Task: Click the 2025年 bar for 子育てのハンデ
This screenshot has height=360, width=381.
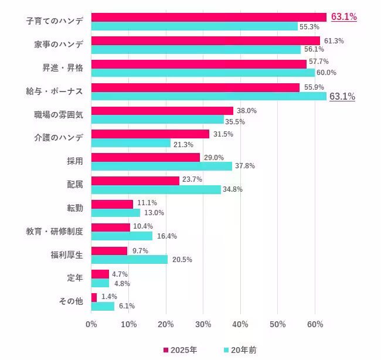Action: pyautogui.click(x=209, y=17)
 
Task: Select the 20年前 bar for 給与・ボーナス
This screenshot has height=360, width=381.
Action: pyautogui.click(x=209, y=96)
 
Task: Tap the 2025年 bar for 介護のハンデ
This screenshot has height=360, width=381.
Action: pyautogui.click(x=150, y=134)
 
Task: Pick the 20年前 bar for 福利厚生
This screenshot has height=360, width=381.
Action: pyautogui.click(x=130, y=259)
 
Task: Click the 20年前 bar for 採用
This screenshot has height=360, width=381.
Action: pyautogui.click(x=162, y=166)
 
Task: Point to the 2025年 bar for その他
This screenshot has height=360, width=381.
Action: pyautogui.click(x=94, y=297)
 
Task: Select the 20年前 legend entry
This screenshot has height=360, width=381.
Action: pyautogui.click(x=240, y=350)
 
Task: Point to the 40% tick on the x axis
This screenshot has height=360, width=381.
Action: pyautogui.click(x=240, y=324)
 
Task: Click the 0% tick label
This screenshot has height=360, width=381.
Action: pyautogui.click(x=91, y=324)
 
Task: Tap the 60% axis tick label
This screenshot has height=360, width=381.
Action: pyautogui.click(x=315, y=324)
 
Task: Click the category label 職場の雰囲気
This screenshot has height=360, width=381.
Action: pyautogui.click(x=59, y=115)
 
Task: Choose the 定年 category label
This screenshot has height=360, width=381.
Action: pyautogui.click(x=75, y=278)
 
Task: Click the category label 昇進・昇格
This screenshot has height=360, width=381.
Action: pyautogui.click(x=63, y=68)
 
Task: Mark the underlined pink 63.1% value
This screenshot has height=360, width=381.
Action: pyautogui.click(x=344, y=17)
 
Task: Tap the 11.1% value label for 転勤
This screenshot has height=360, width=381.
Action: pyautogui.click(x=147, y=203)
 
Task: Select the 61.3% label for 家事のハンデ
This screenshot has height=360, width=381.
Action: pyautogui.click(x=334, y=40)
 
